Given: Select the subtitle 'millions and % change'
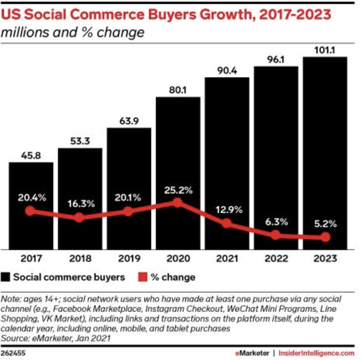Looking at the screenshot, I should tap(73, 32).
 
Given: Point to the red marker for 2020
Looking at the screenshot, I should tap(178, 203).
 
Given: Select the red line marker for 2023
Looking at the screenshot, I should tap(325, 237).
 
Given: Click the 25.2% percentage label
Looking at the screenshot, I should tap(178, 190).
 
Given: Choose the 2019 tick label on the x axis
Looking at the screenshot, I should tap(129, 258).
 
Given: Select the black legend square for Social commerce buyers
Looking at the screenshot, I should tap(6, 277).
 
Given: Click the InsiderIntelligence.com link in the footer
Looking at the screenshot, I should tap(316, 353).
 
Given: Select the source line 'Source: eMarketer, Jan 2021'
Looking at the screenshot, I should tap(56, 338).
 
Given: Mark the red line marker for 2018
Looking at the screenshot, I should tap(79, 217).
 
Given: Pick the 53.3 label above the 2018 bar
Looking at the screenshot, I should tap(80, 142).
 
